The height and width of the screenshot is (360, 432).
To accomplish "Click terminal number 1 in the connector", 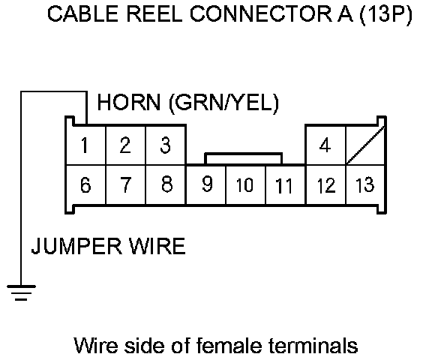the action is tap(86, 145).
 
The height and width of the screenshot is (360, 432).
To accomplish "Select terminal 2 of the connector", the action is tap(126, 145).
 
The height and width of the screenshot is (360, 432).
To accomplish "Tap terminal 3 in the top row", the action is tap(166, 145).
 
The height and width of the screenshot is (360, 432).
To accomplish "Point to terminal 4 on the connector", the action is tap(325, 145).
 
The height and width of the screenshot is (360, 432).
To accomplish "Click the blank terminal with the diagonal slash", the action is tap(365, 145).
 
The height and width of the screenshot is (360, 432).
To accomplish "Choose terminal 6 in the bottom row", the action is tap(86, 184).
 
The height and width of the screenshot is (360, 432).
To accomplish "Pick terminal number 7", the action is tap(126, 184).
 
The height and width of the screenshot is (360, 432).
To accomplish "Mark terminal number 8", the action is tap(166, 184).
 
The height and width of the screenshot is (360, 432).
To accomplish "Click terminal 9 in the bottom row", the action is tap(206, 184).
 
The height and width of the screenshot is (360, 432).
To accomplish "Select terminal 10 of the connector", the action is tap(245, 184).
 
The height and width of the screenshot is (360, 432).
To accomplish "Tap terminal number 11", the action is tap(286, 184).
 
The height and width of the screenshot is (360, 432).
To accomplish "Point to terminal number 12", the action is tap(325, 184).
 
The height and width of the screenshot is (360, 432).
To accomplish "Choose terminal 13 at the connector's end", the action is tap(365, 184).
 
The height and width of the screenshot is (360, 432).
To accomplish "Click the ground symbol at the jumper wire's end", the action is tap(21, 293).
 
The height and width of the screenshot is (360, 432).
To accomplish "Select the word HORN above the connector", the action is tap(129, 102).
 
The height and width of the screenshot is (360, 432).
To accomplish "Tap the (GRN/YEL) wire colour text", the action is tap(223, 103).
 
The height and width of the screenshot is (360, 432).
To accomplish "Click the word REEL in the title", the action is tap(154, 13).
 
